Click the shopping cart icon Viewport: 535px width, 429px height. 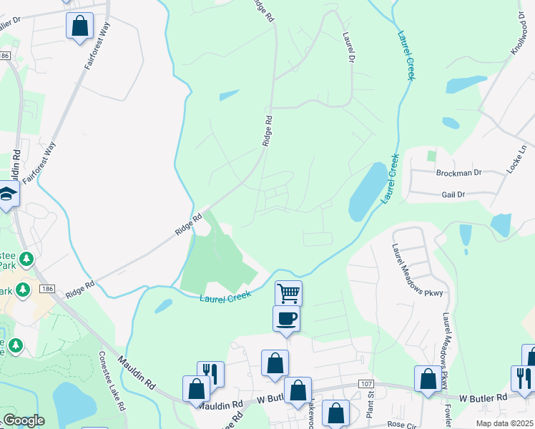[x=288, y=292]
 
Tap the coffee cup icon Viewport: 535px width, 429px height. [x=286, y=318]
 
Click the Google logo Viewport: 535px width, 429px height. [x=24, y=420]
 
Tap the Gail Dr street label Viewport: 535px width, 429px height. [x=453, y=194]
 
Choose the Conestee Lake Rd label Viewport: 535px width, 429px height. [x=113, y=380]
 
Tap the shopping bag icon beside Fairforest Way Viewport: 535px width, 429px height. [x=80, y=26]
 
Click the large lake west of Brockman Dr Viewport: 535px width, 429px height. [x=366, y=191]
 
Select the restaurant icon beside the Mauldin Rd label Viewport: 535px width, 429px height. [x=210, y=373]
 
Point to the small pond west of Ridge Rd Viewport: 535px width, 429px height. [x=229, y=95]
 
